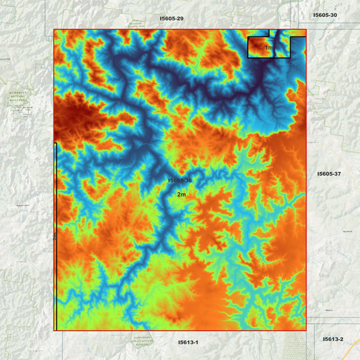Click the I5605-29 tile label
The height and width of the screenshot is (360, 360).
pos(171,18)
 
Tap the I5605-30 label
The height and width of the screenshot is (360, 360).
pos(325,14)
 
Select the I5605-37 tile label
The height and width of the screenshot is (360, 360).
pos(329,174)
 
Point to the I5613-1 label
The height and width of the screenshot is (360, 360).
pos(188,342)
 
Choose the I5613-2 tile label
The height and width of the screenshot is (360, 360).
pos(333,339)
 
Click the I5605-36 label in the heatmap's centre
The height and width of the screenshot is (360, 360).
pos(180,181)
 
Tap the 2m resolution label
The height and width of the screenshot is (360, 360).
pos(181,195)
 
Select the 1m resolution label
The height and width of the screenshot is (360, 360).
pos(269,48)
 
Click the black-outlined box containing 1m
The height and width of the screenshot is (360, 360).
pos(260,47)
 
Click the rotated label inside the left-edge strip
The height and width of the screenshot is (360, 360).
pos(55,236)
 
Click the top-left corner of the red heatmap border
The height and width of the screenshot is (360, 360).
pos(54,30)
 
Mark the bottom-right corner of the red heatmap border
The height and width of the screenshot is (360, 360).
pos(306,330)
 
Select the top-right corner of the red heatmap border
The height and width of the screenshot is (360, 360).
pos(306,30)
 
